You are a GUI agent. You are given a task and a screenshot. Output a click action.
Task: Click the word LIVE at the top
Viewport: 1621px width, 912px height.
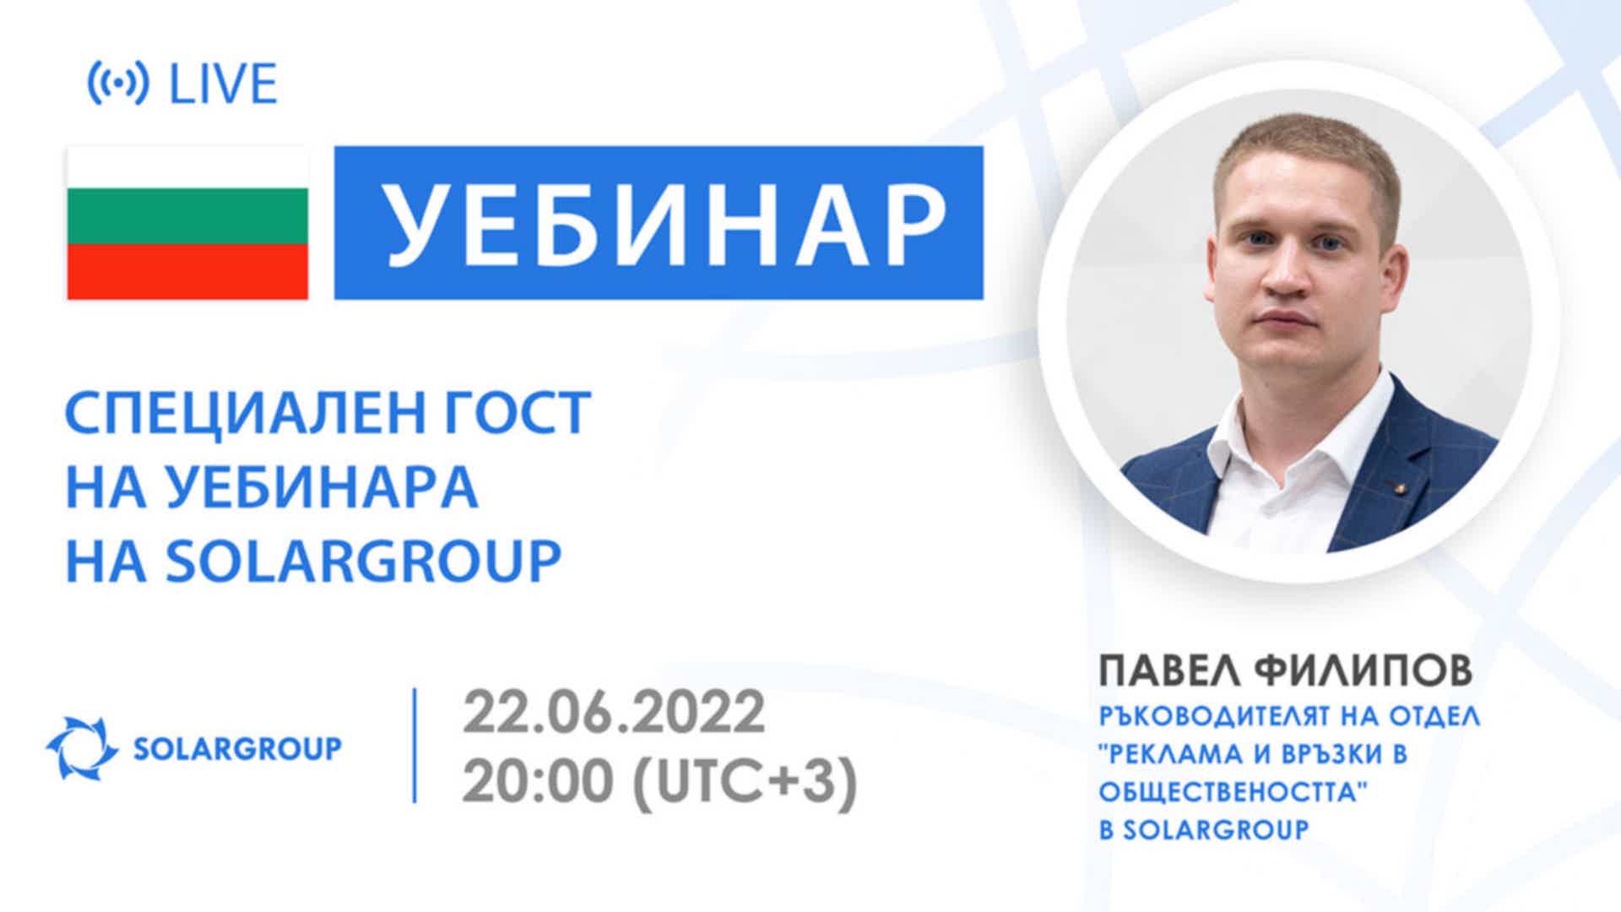click(x=224, y=84)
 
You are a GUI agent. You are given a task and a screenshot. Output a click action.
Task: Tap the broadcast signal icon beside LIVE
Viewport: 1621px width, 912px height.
click(x=118, y=84)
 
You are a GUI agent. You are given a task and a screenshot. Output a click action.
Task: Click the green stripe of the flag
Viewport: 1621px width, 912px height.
click(x=187, y=216)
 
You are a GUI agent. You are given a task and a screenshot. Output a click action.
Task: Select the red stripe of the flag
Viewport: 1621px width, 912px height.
click(x=187, y=272)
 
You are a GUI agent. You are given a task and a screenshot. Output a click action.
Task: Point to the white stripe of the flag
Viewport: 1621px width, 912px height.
click(x=187, y=167)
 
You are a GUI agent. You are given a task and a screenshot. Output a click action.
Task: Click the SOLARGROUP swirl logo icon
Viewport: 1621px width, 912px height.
click(x=82, y=747)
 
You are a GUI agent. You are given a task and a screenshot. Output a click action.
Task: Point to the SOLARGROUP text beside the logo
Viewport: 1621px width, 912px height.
click(x=238, y=748)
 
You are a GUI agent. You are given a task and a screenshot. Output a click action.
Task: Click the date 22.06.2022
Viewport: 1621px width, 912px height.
click(x=614, y=712)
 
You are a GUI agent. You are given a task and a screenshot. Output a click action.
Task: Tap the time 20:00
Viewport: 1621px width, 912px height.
click(x=536, y=782)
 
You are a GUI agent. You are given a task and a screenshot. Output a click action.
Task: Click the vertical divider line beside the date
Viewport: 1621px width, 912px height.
click(x=415, y=745)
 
